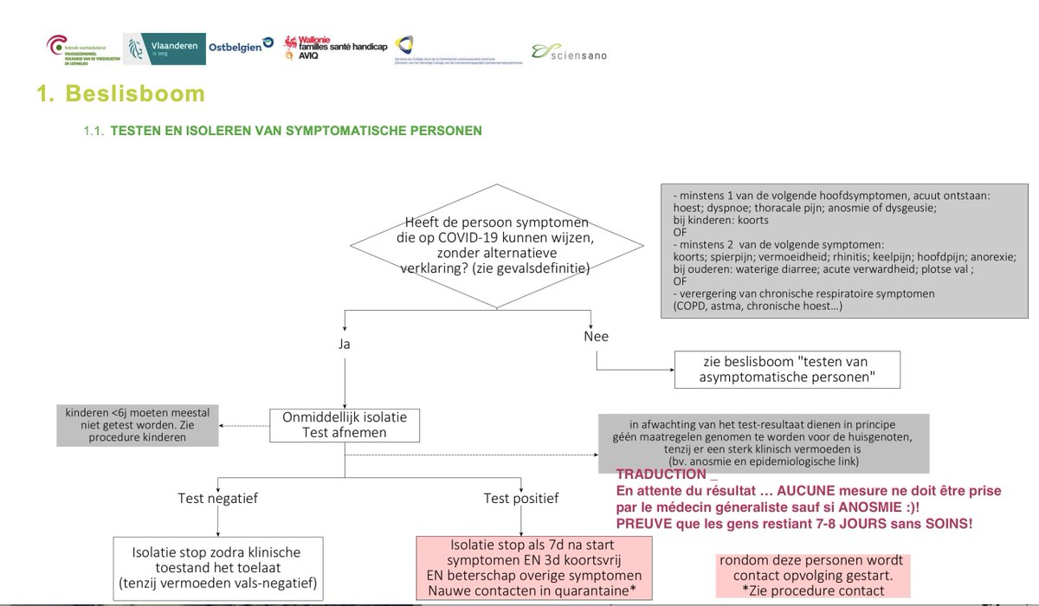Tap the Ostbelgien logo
point(241,47)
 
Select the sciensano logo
point(569,53)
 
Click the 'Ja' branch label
point(345,344)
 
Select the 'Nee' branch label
point(597,336)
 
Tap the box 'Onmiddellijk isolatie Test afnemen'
point(345,424)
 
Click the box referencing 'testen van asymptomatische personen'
point(787,370)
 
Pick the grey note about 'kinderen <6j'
point(138,425)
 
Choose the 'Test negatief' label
point(218,498)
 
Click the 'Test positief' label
point(521,498)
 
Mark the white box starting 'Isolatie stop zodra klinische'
point(218,568)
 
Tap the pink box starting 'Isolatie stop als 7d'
point(534,568)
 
